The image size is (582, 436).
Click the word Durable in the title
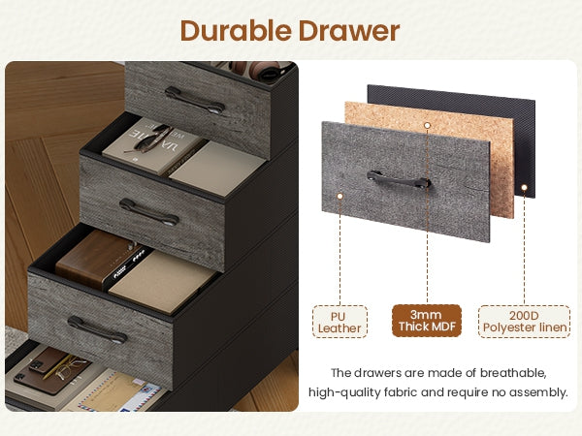(236, 30)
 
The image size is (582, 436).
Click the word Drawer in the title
(349, 30)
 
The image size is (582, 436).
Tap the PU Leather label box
(339, 322)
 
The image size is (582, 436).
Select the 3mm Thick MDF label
(427, 321)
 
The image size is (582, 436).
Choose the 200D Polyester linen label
(524, 322)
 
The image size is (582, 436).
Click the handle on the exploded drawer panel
(399, 180)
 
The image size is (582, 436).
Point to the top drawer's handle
(195, 100)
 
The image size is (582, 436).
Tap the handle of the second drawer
(148, 212)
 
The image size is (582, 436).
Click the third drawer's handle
(97, 329)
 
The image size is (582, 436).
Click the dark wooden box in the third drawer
(96, 258)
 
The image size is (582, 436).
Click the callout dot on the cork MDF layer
(427, 126)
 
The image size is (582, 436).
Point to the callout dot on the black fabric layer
(524, 188)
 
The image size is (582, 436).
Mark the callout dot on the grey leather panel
(339, 196)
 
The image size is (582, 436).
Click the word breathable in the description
(512, 373)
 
